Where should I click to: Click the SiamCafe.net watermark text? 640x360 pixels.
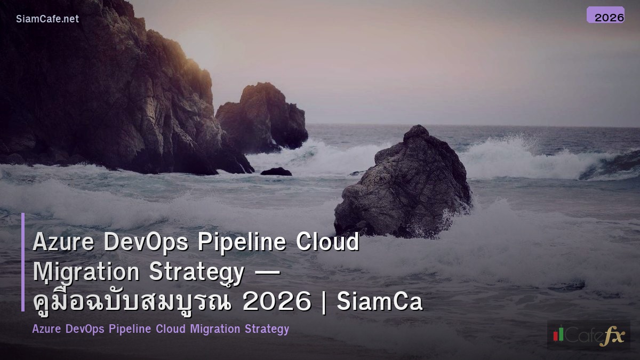[47, 19]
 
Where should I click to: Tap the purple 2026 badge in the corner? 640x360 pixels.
[605, 15]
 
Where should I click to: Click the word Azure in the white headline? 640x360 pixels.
[63, 243]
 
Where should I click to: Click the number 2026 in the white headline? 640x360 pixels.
[276, 302]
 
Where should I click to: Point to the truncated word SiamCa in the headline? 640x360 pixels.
[380, 302]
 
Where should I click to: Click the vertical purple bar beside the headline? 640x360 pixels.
[23, 262]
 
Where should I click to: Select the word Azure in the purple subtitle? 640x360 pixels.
[47, 329]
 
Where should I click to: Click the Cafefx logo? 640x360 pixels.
[588, 335]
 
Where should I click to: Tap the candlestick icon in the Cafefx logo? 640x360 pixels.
[558, 334]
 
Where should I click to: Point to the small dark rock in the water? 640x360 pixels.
[276, 172]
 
